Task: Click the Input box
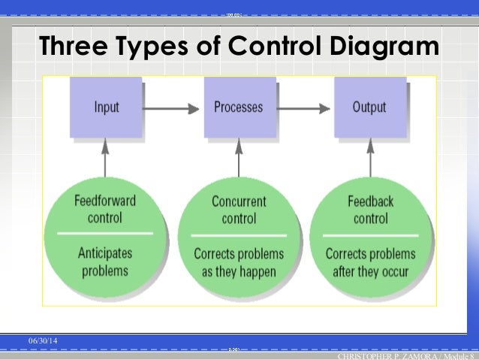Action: point(107,107)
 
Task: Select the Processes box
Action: point(239,107)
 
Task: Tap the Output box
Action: point(369,107)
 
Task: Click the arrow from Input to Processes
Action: point(172,107)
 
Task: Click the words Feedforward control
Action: point(105,210)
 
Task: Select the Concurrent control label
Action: point(239,210)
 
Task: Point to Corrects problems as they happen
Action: point(239,262)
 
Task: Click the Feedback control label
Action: point(370,210)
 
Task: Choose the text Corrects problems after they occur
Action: point(370,262)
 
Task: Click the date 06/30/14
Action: point(43,343)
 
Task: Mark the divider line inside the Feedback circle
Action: point(370,235)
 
